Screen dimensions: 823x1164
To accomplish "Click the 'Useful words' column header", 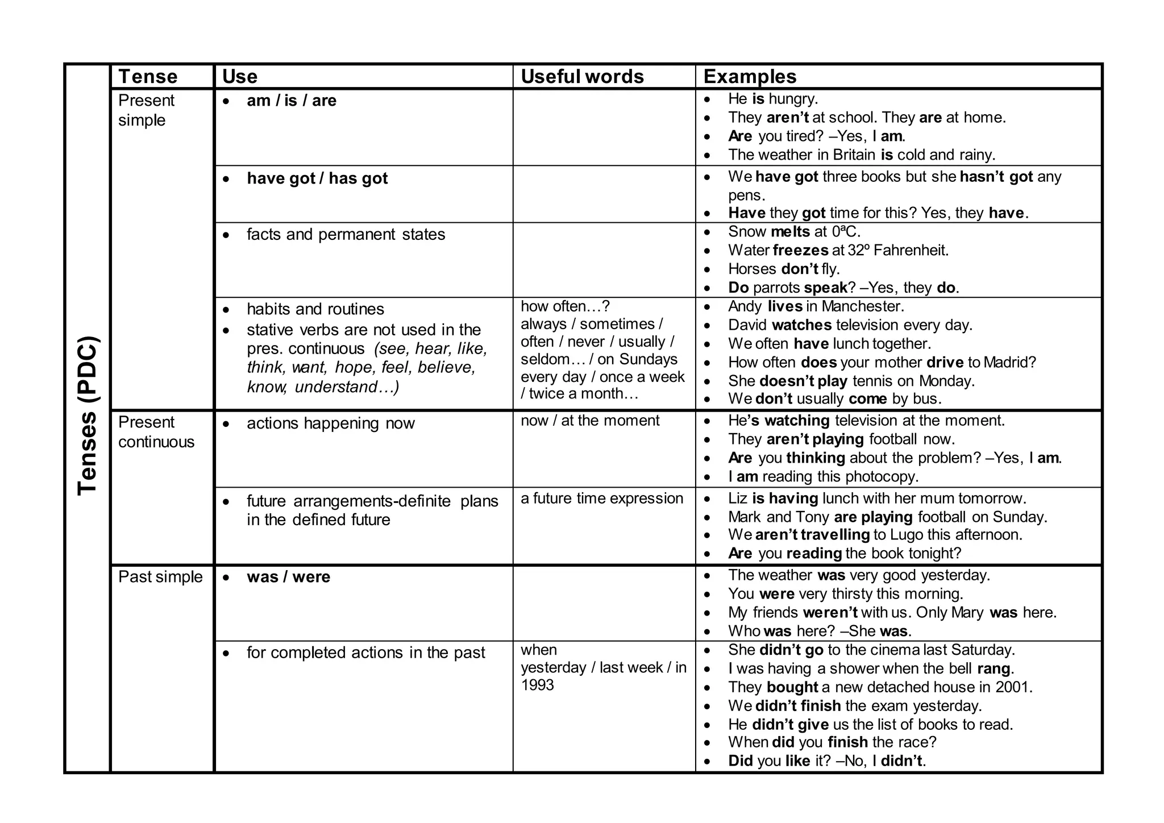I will tap(582, 77).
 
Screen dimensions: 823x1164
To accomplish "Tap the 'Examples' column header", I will tap(750, 77).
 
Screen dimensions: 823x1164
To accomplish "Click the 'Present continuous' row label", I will tap(156, 432).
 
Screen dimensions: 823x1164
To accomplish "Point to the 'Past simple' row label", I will tap(160, 577).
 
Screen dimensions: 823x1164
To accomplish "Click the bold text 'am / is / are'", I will tap(291, 101).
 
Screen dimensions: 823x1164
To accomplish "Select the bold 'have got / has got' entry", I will tap(317, 178).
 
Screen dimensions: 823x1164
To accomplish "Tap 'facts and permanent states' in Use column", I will tap(346, 234).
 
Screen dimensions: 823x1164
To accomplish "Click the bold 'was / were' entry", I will tap(288, 577).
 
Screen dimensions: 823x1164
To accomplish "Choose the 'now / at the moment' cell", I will tap(590, 421).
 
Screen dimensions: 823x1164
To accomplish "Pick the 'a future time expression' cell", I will tap(601, 498).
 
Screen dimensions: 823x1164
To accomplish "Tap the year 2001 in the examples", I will tap(1012, 687).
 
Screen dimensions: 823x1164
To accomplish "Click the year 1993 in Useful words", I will tap(537, 685).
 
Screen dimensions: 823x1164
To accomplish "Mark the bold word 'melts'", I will tap(790, 231).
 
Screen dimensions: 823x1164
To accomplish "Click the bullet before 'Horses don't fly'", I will tap(707, 269).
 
